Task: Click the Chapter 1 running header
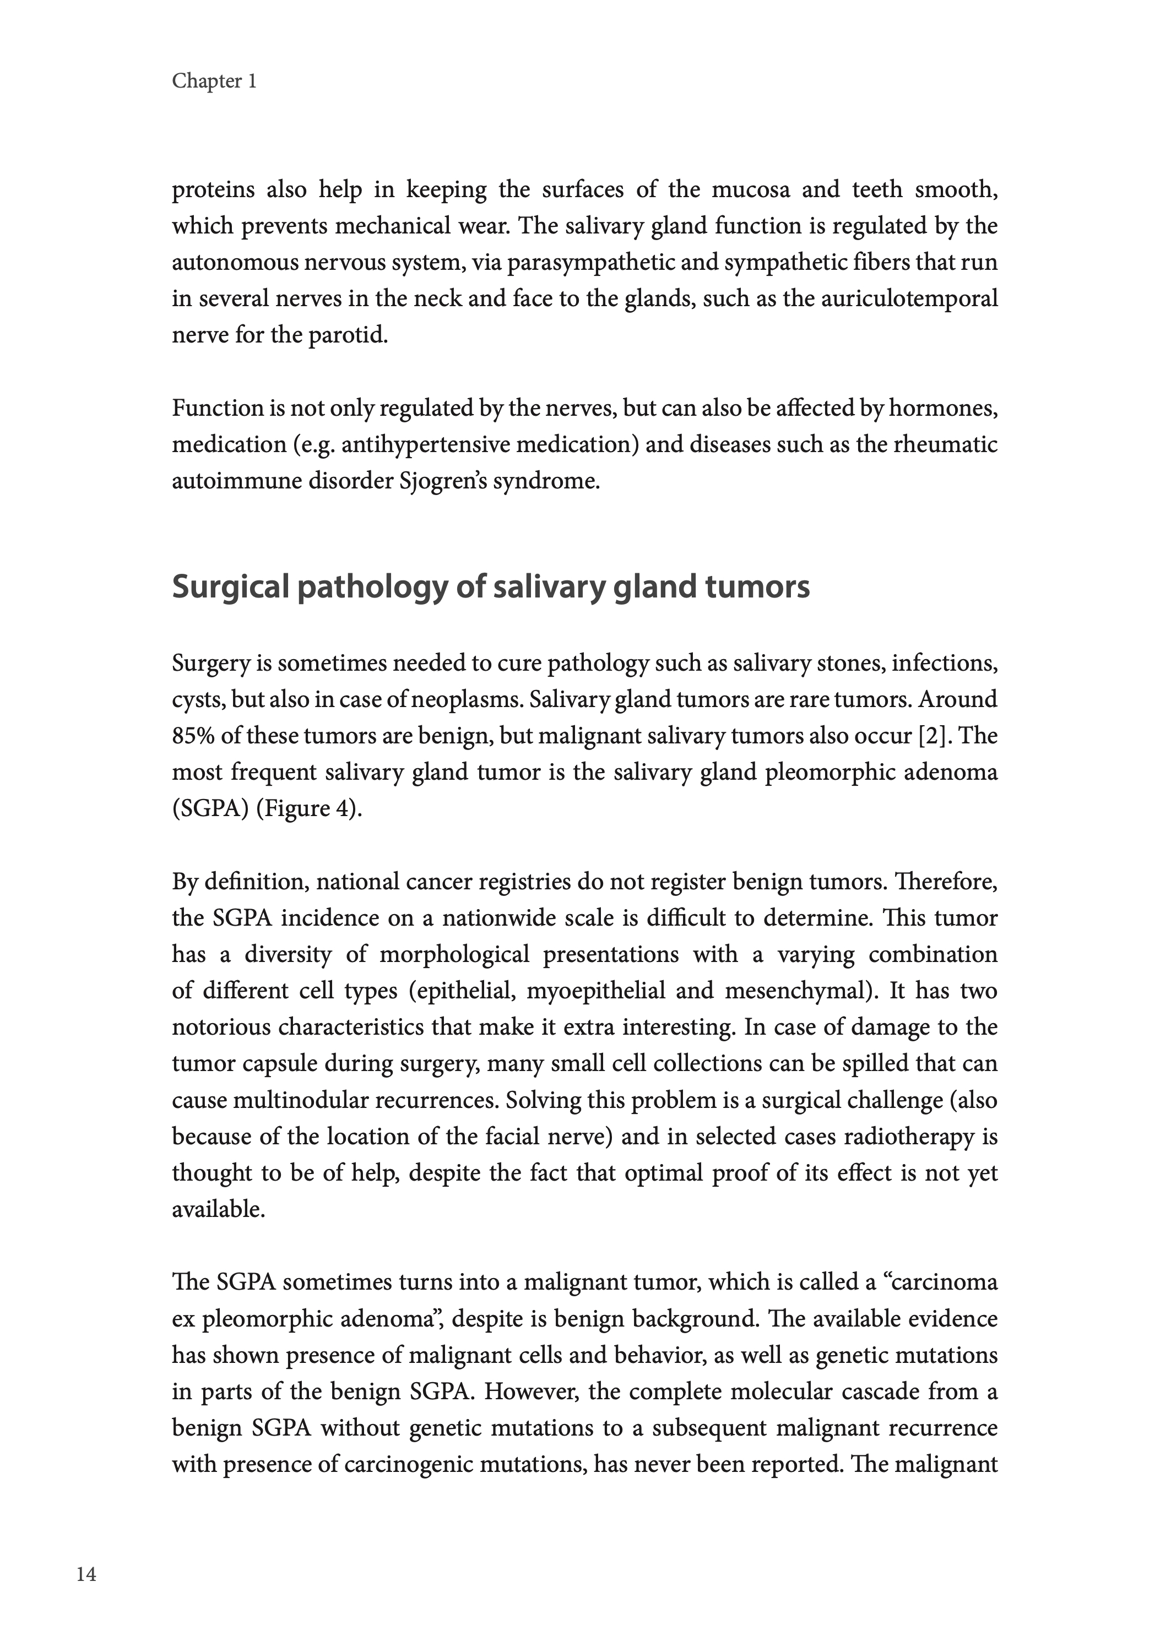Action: pyautogui.click(x=214, y=81)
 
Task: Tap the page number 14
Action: pyautogui.click(x=86, y=1575)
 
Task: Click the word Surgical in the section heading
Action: pyautogui.click(x=231, y=588)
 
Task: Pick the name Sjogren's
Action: pyautogui.click(x=442, y=481)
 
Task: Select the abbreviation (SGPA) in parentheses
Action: pyautogui.click(x=210, y=809)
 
